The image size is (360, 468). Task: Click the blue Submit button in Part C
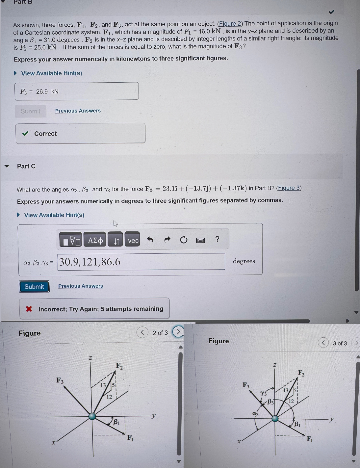(34, 287)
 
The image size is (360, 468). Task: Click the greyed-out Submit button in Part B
(31, 111)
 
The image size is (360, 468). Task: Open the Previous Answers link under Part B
(78, 111)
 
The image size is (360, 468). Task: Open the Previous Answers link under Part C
(81, 286)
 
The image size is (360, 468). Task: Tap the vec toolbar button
(133, 240)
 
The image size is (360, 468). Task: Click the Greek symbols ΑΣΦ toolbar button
(95, 240)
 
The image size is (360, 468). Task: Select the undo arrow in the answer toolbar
(150, 240)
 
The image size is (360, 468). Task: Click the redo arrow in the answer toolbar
(167, 240)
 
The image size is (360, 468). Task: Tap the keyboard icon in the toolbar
(200, 240)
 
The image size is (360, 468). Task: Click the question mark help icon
(217, 239)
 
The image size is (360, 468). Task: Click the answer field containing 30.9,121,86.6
(141, 262)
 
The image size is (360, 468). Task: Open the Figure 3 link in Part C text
(289, 188)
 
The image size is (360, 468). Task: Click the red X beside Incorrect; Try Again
(29, 309)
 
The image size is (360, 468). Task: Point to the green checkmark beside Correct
(25, 134)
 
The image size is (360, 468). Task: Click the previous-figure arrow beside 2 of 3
(142, 332)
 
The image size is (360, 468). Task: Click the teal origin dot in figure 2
(92, 416)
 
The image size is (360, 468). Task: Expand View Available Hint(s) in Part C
(54, 215)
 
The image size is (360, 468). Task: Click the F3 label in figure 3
(246, 385)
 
